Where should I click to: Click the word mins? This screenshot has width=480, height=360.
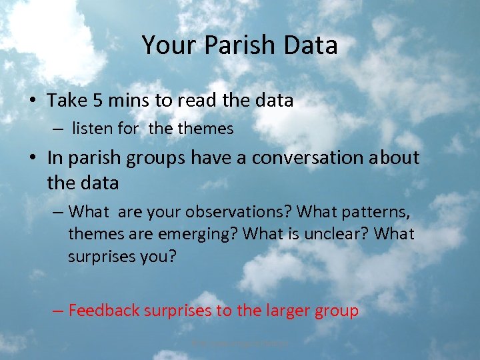(x=125, y=101)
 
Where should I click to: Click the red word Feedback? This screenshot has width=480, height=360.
(x=103, y=310)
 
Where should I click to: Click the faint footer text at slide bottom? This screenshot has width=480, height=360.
(x=240, y=343)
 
